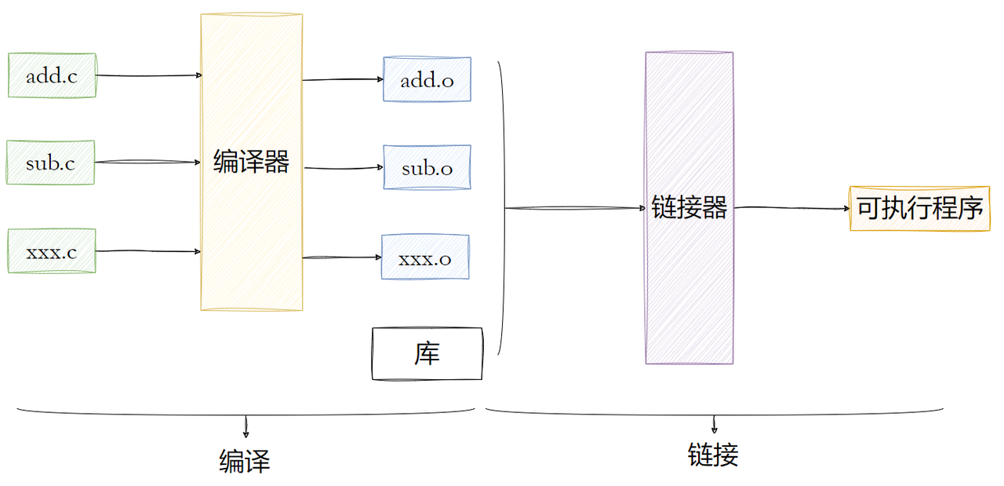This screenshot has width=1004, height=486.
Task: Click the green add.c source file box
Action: (52, 75)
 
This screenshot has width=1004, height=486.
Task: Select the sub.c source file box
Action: (51, 163)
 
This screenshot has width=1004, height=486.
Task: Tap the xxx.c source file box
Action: (52, 251)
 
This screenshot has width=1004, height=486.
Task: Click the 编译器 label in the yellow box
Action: (251, 163)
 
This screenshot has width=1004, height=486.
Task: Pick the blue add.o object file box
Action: (427, 79)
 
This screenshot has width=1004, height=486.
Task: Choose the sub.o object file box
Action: (427, 167)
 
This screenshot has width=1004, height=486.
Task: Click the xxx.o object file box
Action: (425, 257)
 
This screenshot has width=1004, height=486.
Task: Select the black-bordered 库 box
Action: (427, 354)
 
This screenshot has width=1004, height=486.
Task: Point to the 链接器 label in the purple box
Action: (689, 207)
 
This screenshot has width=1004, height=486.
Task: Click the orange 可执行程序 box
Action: (919, 209)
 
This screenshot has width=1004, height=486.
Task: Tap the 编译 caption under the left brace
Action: (245, 461)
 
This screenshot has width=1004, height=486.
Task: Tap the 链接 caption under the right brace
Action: (713, 455)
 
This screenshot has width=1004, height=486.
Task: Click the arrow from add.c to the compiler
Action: (149, 75)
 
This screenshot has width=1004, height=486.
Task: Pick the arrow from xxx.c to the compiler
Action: (149, 251)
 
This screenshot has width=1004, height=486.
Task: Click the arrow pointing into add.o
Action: (343, 79)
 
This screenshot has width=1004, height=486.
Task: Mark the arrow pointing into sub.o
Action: (343, 167)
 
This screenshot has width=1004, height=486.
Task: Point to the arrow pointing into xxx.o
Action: (342, 257)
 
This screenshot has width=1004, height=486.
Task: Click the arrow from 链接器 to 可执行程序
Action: (791, 208)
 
